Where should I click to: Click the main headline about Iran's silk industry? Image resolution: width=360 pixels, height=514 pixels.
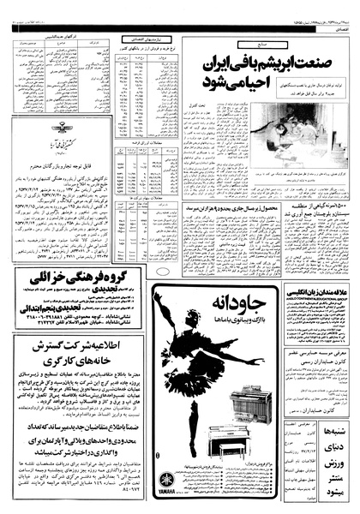(x=273, y=75)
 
